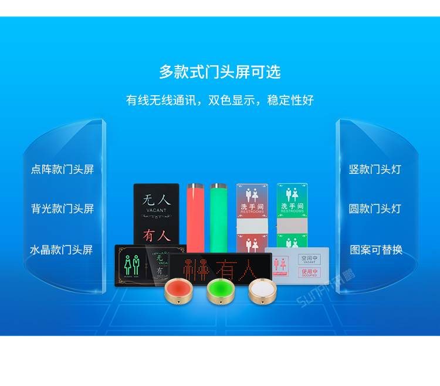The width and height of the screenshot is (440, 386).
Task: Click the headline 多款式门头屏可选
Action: click(x=220, y=72)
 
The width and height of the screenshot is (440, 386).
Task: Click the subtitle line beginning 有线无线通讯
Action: click(x=220, y=100)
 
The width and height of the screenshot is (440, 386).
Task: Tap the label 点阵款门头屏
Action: click(x=62, y=169)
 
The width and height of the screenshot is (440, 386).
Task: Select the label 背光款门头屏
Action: click(x=62, y=209)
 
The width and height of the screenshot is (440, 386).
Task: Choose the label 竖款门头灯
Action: click(x=375, y=169)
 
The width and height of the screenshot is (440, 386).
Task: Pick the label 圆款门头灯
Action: click(x=375, y=209)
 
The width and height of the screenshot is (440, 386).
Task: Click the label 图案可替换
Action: click(x=376, y=250)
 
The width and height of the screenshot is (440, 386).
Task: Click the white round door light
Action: click(x=262, y=290)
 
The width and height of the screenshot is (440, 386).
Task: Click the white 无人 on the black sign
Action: click(x=156, y=200)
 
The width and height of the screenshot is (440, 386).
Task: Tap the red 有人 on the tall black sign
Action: click(x=156, y=236)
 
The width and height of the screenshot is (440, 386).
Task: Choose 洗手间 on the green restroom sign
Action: click(x=292, y=206)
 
